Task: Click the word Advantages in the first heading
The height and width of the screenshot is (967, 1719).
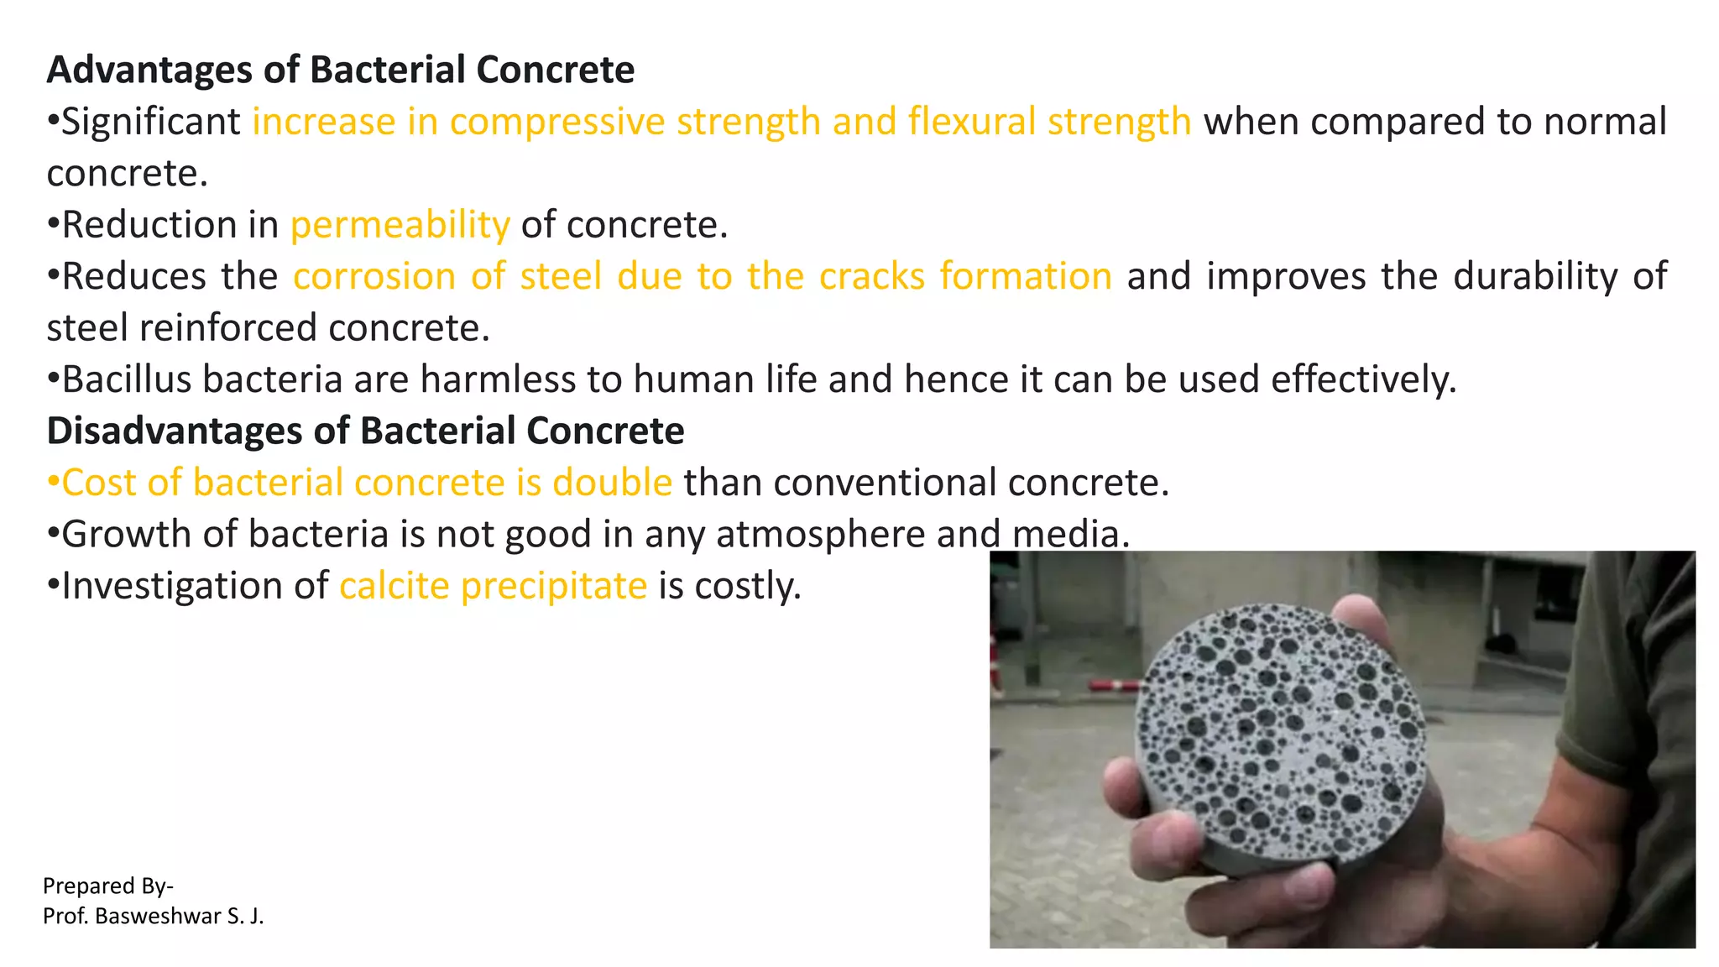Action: pyautogui.click(x=149, y=70)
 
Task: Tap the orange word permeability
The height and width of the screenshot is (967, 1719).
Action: pyautogui.click(x=400, y=225)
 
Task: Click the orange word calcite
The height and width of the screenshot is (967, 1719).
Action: pyautogui.click(x=394, y=586)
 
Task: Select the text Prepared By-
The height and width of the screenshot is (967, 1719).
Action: pyautogui.click(x=107, y=886)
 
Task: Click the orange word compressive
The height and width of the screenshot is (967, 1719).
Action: pyautogui.click(x=558, y=122)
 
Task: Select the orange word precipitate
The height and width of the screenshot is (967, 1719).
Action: pyautogui.click(x=554, y=586)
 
